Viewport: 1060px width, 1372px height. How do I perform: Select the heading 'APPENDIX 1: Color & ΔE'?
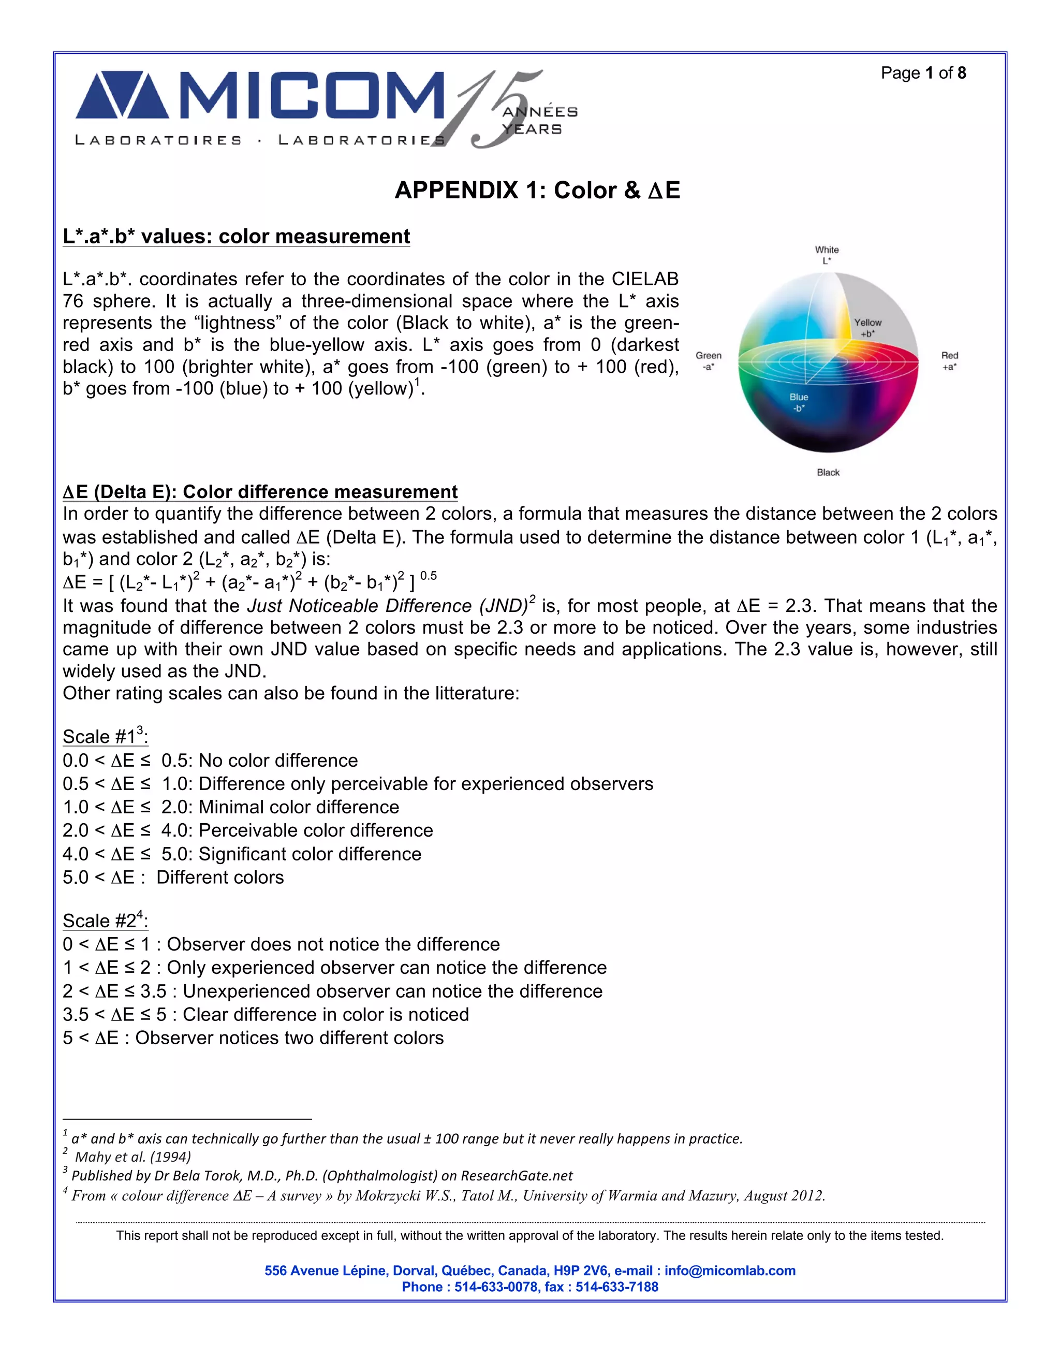(537, 191)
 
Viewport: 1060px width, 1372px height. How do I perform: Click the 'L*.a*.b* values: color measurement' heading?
(236, 236)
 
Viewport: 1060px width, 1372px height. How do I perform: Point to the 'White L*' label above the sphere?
(827, 254)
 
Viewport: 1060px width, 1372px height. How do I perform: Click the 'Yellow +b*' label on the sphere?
(867, 327)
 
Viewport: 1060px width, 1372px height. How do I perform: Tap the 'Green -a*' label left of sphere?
(709, 360)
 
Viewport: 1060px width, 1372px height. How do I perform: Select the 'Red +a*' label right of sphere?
(949, 360)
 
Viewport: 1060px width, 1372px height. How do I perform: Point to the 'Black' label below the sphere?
(828, 472)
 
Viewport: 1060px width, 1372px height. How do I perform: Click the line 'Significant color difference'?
(310, 854)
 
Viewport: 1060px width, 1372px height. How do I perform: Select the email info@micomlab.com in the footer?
(730, 1270)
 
